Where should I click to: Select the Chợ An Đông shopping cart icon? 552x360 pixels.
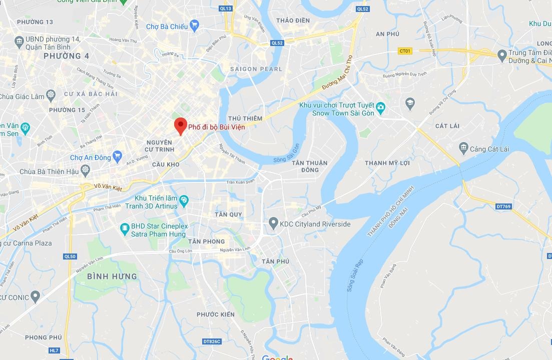pyautogui.click(x=118, y=157)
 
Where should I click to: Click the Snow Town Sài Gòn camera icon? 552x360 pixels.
pyautogui.click(x=381, y=107)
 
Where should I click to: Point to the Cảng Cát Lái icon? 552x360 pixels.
pyautogui.click(x=463, y=148)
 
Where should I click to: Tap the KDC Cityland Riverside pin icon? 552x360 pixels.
pyautogui.click(x=273, y=223)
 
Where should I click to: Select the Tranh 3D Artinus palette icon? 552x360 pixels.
pyautogui.click(x=184, y=201)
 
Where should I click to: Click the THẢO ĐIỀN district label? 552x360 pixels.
pyautogui.click(x=293, y=20)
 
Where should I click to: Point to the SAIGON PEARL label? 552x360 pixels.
pyautogui.click(x=256, y=69)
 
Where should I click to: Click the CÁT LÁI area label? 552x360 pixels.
pyautogui.click(x=447, y=126)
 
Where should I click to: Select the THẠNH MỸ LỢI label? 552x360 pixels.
pyautogui.click(x=387, y=163)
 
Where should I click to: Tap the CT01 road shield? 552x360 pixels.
pyautogui.click(x=405, y=50)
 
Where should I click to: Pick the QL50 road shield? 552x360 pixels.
pyautogui.click(x=70, y=256)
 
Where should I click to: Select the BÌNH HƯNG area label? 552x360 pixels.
pyautogui.click(x=112, y=276)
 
